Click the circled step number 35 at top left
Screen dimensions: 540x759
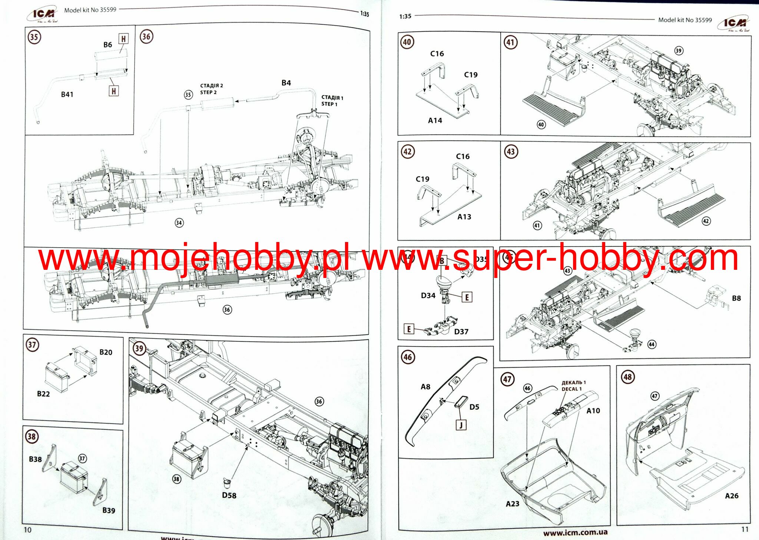(x=34, y=37)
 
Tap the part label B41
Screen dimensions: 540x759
(x=67, y=95)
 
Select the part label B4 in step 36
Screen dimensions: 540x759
(x=286, y=83)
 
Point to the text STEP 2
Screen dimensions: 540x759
(x=208, y=92)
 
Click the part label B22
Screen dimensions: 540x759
(x=43, y=394)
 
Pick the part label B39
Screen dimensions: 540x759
(x=109, y=510)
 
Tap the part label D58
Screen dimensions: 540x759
(x=229, y=495)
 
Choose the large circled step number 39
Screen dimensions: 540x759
(x=139, y=348)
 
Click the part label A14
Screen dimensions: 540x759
(x=435, y=120)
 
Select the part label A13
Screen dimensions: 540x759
(x=464, y=217)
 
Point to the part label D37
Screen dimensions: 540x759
(x=461, y=332)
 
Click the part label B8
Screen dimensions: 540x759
(x=736, y=298)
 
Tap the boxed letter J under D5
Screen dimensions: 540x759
(x=461, y=425)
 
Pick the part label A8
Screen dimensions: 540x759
(x=425, y=387)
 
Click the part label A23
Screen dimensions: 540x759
(x=513, y=504)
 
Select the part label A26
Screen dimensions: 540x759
(x=732, y=496)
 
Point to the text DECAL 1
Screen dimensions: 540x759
(x=571, y=389)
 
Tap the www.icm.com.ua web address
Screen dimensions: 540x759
(x=575, y=533)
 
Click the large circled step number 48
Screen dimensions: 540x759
(x=627, y=377)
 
